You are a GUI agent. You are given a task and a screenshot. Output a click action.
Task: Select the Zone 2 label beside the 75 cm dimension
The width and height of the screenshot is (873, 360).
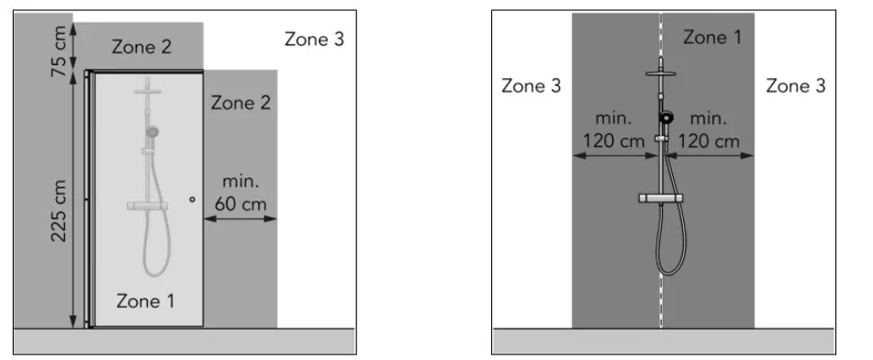[140, 47]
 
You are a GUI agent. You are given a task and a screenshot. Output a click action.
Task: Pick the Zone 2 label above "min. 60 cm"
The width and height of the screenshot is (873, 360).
[241, 102]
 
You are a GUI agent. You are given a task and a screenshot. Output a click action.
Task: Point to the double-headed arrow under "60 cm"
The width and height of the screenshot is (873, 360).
[240, 219]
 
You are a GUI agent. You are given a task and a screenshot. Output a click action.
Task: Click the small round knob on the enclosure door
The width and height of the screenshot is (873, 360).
[191, 199]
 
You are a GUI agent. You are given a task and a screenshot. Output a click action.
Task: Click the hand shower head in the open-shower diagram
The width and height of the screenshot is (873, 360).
[667, 118]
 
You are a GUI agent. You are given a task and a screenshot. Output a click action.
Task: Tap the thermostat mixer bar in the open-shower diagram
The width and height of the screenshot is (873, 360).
[662, 198]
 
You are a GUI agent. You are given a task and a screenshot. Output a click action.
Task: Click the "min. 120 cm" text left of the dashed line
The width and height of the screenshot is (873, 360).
[614, 130]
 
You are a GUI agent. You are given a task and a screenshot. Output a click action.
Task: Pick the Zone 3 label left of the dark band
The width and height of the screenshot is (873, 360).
[532, 86]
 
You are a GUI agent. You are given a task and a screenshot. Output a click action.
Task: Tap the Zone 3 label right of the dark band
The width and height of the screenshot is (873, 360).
[795, 86]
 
